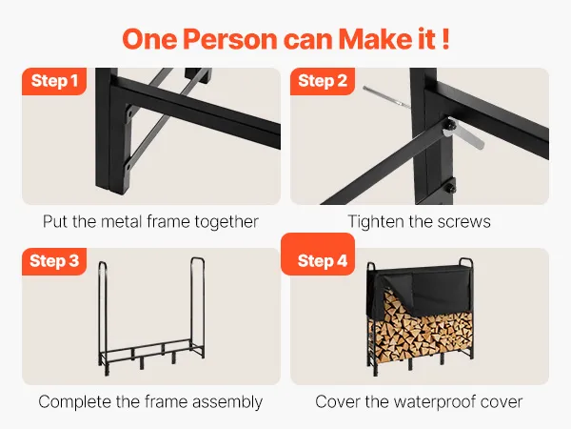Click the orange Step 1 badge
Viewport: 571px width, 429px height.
click(54, 81)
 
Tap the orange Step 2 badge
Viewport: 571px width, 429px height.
click(323, 81)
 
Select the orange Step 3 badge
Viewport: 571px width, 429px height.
click(54, 261)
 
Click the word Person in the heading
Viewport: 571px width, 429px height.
click(229, 39)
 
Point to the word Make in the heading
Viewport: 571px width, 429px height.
click(375, 39)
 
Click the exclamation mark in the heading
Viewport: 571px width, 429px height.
click(446, 39)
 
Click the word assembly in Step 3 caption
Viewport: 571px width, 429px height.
click(227, 402)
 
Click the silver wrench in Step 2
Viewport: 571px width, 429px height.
click(463, 134)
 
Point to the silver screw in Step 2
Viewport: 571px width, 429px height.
click(385, 97)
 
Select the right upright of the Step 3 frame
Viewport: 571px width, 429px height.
click(198, 307)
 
